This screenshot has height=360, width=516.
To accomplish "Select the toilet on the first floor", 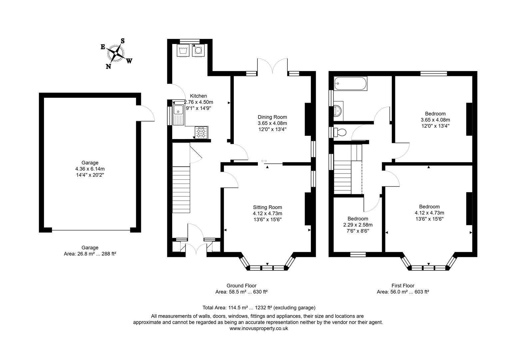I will coord(341,132).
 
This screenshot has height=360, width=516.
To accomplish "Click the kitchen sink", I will coord(179,114).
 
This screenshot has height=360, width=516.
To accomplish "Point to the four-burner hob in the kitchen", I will coord(201,132).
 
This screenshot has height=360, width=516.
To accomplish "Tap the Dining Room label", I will coord(272,117).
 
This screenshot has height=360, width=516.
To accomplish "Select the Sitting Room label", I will coord(267,207).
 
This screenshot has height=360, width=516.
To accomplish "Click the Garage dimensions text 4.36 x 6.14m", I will coord(90,169).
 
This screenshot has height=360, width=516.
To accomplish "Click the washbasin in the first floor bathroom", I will coord(339,110).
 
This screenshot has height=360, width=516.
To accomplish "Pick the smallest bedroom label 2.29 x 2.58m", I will coord(358,225).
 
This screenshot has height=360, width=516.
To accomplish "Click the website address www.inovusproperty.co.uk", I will coord(258,328).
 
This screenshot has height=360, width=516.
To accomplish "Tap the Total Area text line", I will coord(258,308).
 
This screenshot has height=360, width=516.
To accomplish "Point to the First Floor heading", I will coord(403,286).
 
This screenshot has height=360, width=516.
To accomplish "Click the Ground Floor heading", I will coord(241,286).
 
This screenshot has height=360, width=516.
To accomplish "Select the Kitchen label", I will coord(198,96).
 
